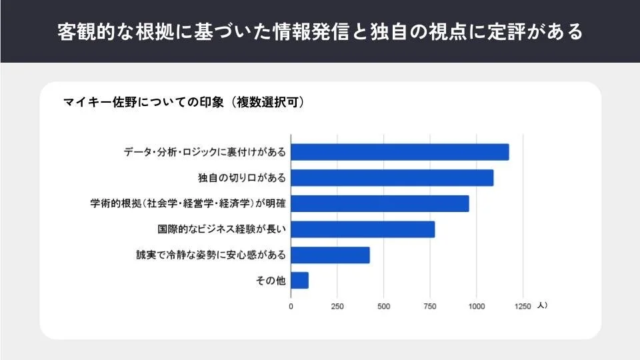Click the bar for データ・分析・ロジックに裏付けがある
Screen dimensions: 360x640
400,152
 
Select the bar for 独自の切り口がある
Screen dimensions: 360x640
392,178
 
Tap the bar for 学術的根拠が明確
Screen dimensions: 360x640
380,203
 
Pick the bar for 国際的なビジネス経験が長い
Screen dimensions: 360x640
363,229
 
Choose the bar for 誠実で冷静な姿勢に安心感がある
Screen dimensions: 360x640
330,255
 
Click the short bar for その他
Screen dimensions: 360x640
299,281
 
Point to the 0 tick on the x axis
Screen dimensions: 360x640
291,307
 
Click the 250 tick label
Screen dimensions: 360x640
337,307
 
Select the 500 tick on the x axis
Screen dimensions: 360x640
384,307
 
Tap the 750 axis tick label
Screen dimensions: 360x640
430,307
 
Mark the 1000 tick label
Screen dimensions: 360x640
476,307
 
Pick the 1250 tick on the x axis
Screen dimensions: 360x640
523,307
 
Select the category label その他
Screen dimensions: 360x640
271,281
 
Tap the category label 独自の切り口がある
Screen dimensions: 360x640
242,178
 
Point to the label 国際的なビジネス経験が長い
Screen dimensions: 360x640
222,229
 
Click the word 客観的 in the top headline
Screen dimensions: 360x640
83,31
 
